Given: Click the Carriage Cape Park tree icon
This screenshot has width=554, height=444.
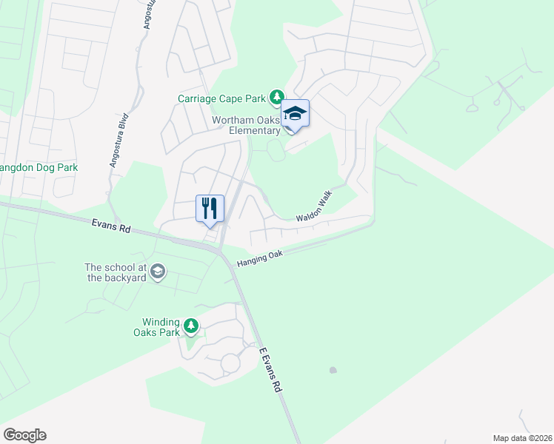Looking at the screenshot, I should click(x=276, y=97).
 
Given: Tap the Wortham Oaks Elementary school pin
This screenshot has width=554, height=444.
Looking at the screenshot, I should click(x=295, y=115).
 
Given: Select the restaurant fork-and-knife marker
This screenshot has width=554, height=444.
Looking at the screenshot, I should click(x=210, y=208).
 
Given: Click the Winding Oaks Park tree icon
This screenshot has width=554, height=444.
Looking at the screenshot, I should click(x=191, y=326).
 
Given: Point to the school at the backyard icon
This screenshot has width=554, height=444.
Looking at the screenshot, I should click(x=157, y=273).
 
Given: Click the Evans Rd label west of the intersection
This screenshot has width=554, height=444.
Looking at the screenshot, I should click(x=111, y=225).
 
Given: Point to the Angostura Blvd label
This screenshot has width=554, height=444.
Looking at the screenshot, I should click(x=119, y=140).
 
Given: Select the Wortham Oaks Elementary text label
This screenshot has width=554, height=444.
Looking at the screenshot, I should click(x=247, y=125).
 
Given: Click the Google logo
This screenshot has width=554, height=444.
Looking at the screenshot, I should click(x=24, y=435).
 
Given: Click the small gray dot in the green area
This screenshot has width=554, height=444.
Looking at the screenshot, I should click(x=333, y=370).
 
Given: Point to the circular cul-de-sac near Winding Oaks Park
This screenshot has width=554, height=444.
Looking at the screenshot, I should click(x=230, y=363).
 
